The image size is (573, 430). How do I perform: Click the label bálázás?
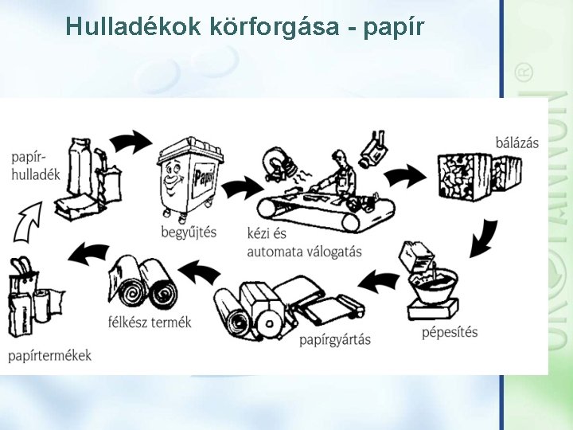point(516,143)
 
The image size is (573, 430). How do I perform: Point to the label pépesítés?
point(450,331)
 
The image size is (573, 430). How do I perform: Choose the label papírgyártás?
point(335,340)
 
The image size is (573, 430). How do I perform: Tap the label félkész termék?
point(149,322)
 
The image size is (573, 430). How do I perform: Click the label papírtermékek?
point(50,355)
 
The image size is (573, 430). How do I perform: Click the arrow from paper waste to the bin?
point(131,142)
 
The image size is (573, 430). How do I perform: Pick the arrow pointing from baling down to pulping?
point(483,238)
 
